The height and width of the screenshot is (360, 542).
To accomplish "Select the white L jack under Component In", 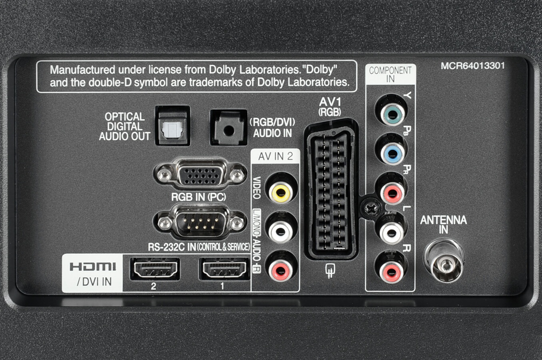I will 392,231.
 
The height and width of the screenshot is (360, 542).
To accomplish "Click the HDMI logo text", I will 93,266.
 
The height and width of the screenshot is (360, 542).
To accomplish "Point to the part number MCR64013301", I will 472,66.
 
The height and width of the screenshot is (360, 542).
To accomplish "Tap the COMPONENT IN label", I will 390,74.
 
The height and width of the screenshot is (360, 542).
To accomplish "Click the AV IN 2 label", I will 275,156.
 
